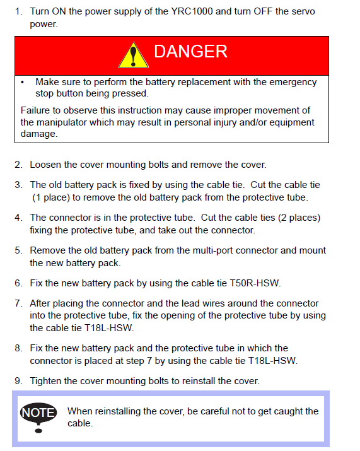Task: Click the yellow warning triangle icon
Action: point(133,56)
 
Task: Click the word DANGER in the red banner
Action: point(190,52)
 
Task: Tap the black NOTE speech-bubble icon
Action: point(38,417)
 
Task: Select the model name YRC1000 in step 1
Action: point(192,11)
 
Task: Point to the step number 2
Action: point(18,165)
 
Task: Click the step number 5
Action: point(18,250)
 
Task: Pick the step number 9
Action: point(18,381)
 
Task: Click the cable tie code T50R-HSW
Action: point(255,283)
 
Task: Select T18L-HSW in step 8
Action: point(272,361)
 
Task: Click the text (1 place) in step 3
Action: point(51,197)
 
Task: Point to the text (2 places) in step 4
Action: point(299,218)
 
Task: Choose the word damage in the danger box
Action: point(38,134)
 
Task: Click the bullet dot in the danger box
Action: point(23,83)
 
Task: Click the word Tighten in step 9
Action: point(45,381)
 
